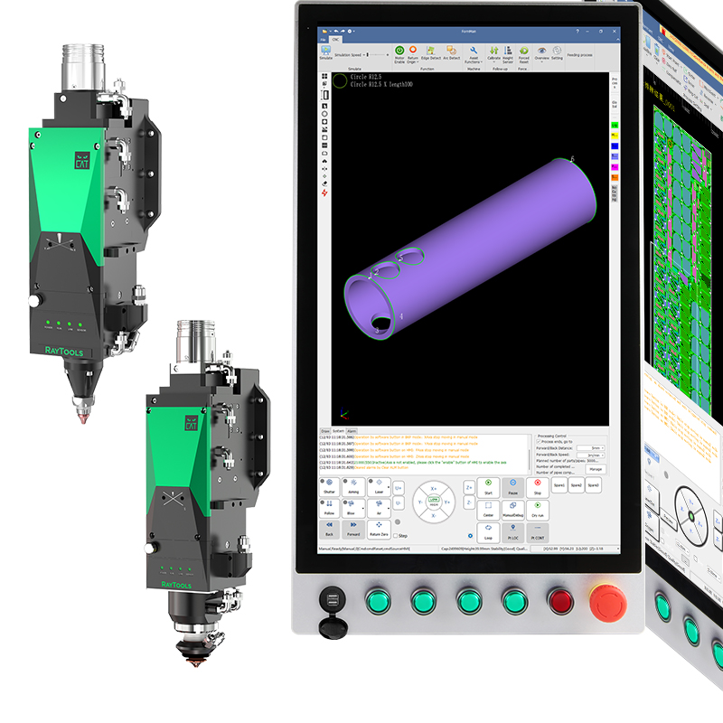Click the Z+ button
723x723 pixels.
coord(469,486)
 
